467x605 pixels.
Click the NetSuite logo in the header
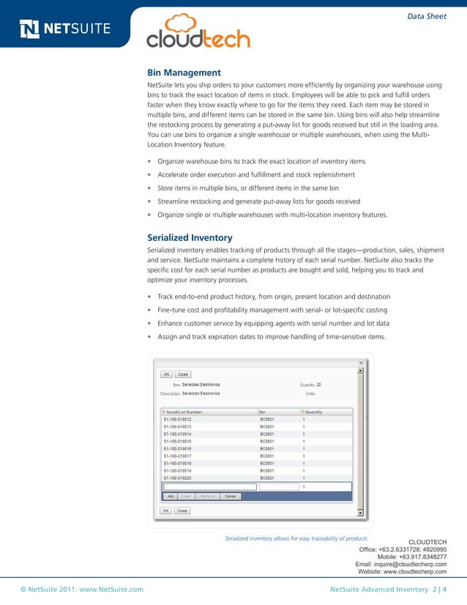64,29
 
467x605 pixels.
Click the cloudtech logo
198,32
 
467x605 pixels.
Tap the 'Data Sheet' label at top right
426,16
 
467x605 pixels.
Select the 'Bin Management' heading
184,73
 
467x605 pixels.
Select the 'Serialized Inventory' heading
190,237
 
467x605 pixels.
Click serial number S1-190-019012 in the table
178,420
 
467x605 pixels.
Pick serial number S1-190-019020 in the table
178,478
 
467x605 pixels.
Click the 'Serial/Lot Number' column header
184,412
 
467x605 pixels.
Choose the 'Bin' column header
262,412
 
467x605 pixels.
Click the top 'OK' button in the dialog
166,374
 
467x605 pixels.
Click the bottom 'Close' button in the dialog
182,511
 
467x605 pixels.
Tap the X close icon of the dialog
359,362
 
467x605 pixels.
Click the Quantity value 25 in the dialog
318,384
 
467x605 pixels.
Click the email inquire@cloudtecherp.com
400,564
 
